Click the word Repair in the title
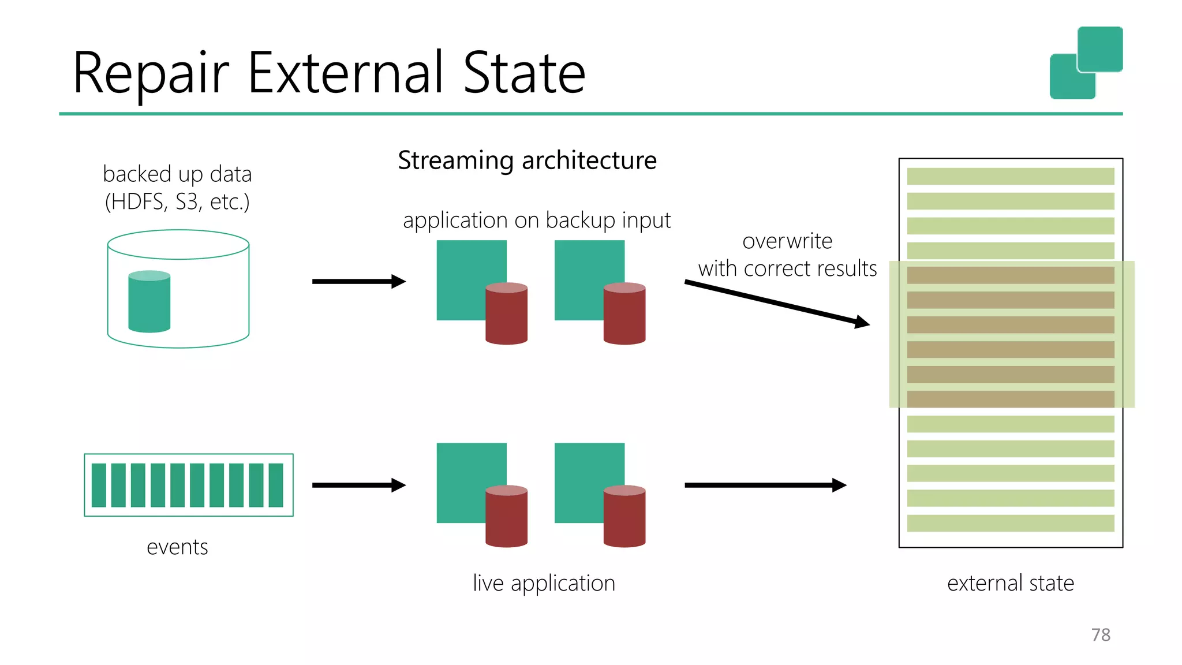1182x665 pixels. coord(151,73)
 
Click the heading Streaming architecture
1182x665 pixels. coord(527,160)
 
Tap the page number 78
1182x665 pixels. coord(1101,634)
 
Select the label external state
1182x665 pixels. coord(1010,583)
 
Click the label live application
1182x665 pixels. coord(544,583)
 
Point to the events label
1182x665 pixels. coord(177,547)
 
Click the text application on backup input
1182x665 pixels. coord(536,221)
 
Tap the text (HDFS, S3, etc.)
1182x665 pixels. coord(177,202)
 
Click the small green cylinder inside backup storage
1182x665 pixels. coord(149,301)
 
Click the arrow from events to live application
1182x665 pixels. coord(358,485)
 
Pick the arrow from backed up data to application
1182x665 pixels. coord(358,282)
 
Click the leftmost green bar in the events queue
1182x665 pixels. coord(99,485)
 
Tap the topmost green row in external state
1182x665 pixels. coord(1010,176)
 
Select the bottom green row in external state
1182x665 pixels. coord(1010,523)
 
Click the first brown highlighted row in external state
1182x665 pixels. coord(1010,275)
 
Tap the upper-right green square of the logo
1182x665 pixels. coord(1100,49)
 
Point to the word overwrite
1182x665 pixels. coord(787,241)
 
